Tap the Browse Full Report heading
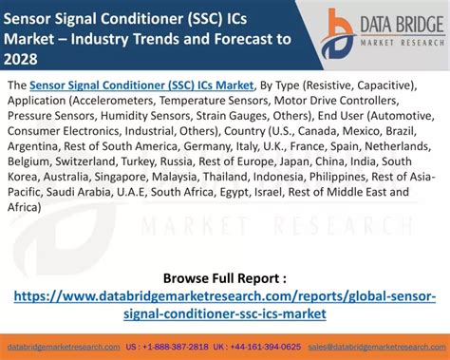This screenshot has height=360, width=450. pos(224,277)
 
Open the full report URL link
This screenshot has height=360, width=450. pos(225,304)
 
